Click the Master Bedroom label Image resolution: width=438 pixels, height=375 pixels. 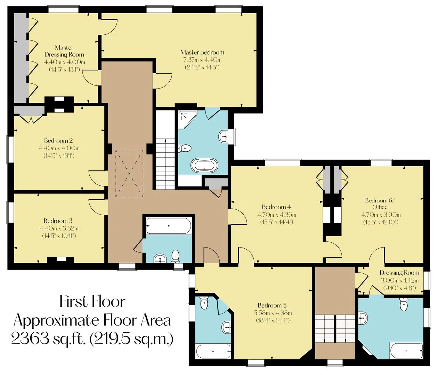pyautogui.click(x=202, y=52)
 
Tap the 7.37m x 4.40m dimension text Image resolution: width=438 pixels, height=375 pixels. pyautogui.click(x=202, y=60)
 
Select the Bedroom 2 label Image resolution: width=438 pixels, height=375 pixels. pyautogui.click(x=58, y=141)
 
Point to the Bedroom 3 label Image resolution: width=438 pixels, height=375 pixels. pyautogui.click(x=58, y=221)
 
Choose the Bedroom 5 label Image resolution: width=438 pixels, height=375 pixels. pyautogui.click(x=272, y=305)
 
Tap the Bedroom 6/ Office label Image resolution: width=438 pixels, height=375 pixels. pyautogui.click(x=380, y=203)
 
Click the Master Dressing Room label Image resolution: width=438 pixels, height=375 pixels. pyautogui.click(x=64, y=51)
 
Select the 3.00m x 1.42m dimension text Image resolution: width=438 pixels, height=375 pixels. pyautogui.click(x=400, y=281)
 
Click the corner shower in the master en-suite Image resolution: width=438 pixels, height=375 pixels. pyautogui.click(x=187, y=119)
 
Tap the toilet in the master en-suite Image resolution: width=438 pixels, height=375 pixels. pyautogui.click(x=185, y=148)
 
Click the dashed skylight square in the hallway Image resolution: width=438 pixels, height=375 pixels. pyautogui.click(x=129, y=174)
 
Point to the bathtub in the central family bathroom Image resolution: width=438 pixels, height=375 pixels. pyautogui.click(x=169, y=226)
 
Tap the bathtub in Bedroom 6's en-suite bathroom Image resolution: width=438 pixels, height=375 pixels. pyautogui.click(x=406, y=351)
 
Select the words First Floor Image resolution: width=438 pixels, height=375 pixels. pyautogui.click(x=92, y=302)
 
